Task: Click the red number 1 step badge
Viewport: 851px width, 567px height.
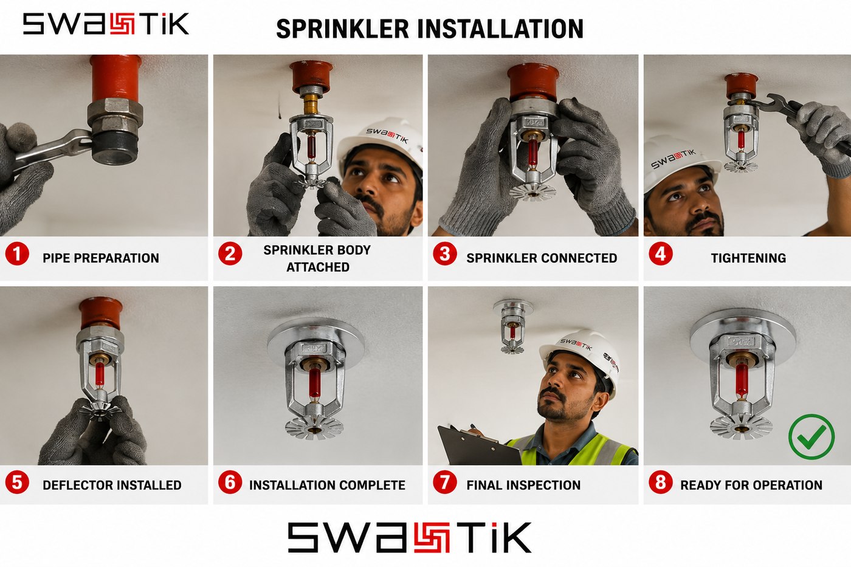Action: (17, 253)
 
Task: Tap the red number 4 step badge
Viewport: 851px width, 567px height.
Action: (661, 253)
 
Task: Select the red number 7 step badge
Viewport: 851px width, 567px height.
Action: (445, 483)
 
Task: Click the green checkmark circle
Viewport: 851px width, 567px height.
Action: (811, 436)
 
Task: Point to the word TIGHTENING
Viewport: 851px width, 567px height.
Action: (748, 258)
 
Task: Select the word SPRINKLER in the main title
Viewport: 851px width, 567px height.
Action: (342, 29)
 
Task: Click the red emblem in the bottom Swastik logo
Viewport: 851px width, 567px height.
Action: (432, 537)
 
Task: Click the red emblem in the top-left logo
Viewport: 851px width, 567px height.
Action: (122, 24)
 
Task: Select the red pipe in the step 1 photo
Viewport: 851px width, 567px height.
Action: (115, 78)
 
